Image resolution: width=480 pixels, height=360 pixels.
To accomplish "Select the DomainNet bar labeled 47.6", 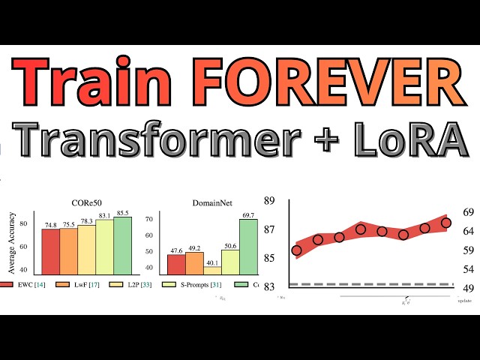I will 176,264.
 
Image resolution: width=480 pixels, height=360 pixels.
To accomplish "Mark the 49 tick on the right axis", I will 467,287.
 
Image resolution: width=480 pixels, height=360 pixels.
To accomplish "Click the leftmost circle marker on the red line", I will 296,250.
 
